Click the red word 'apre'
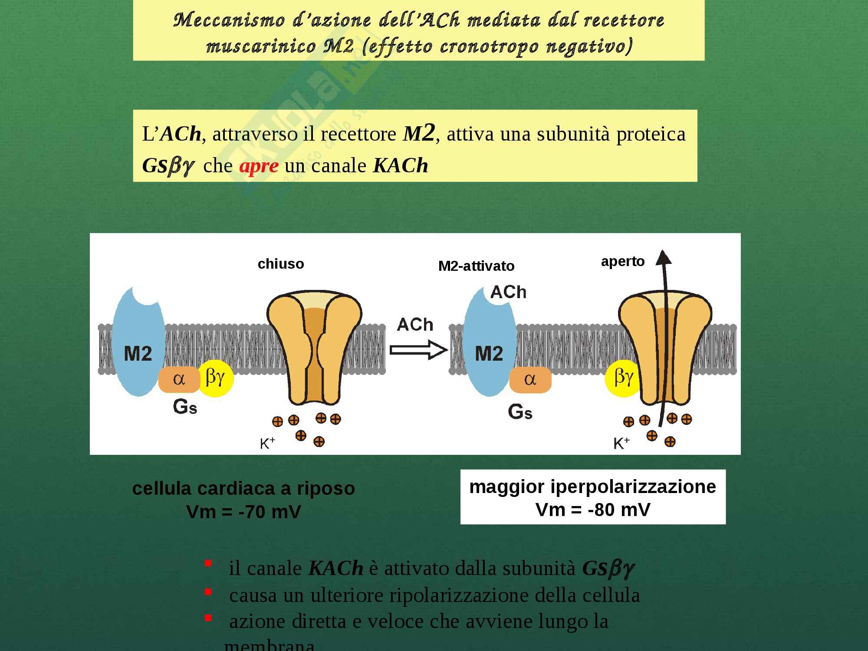[x=259, y=166]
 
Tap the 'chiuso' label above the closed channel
[x=281, y=264]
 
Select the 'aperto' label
[x=622, y=261]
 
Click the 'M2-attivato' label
[x=476, y=266]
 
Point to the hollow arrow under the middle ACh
[x=418, y=350]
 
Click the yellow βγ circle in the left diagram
[x=216, y=378]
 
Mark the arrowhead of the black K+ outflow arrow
[x=663, y=258]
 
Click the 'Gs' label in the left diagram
[x=185, y=407]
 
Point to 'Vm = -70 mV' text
[x=243, y=512]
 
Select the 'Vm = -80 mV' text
[x=593, y=510]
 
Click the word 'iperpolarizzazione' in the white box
[x=633, y=487]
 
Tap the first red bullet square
[x=208, y=563]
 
